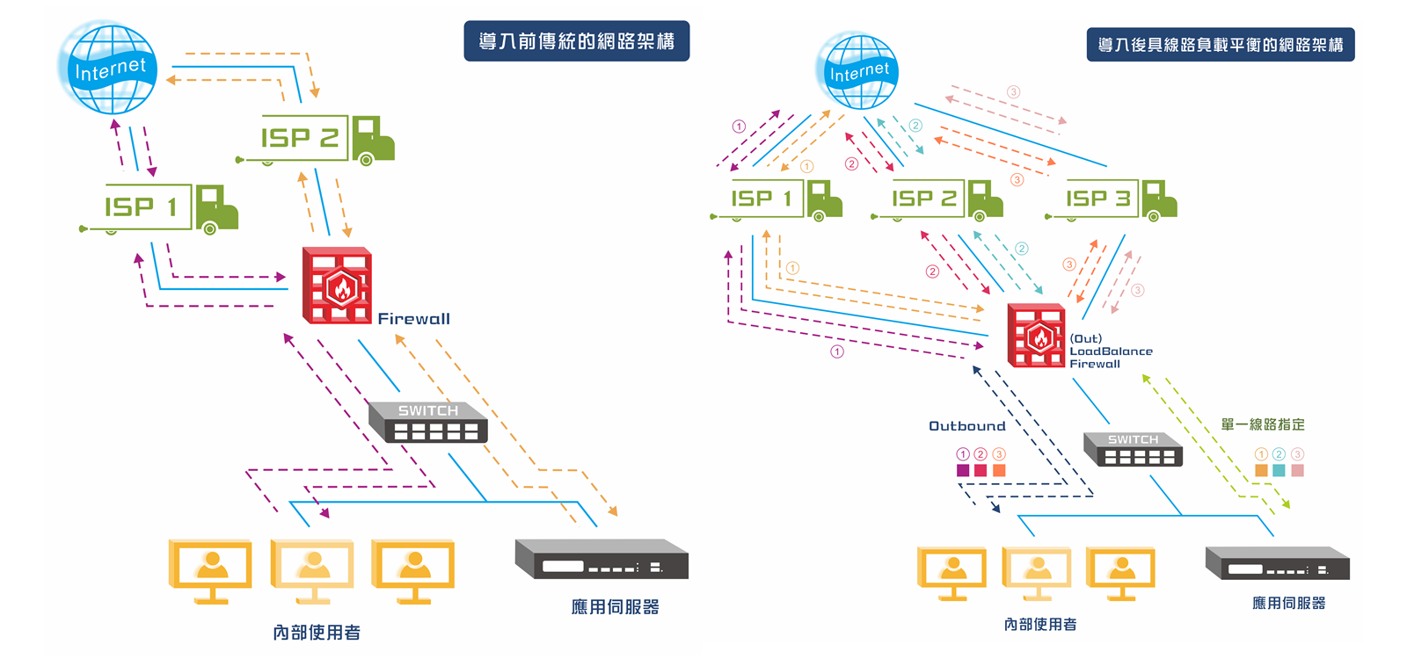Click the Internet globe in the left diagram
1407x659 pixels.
point(107,69)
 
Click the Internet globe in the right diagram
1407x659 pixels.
point(857,71)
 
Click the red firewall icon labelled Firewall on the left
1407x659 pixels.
point(337,286)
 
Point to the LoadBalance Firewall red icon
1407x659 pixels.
point(1036,335)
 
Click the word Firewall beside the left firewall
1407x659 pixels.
point(413,319)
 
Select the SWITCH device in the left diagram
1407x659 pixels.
point(427,422)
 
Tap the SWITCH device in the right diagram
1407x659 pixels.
point(1133,448)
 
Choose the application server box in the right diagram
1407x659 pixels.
point(1277,563)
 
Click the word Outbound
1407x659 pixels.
point(966,426)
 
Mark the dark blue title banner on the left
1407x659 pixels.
point(576,41)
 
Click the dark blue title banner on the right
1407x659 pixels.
point(1220,45)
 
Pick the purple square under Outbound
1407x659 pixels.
point(963,471)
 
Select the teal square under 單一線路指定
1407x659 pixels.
point(1279,471)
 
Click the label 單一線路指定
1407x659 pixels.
point(1262,424)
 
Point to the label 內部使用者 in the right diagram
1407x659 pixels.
point(1039,625)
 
